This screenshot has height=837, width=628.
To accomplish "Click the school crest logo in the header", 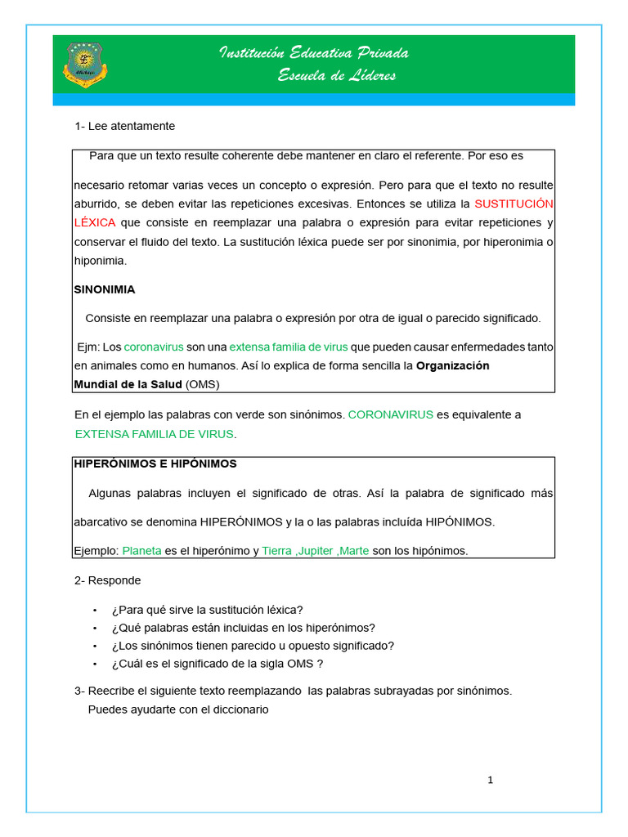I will tap(85, 65).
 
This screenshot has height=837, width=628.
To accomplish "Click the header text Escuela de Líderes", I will tap(337, 75).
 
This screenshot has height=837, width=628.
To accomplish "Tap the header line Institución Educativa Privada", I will tap(314, 53).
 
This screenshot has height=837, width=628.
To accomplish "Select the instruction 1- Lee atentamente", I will tap(124, 126).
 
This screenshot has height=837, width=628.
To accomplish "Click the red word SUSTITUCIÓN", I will tap(514, 203).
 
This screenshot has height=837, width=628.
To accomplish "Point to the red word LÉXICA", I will tap(95, 222).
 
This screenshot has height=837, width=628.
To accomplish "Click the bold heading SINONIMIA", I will tap(105, 289).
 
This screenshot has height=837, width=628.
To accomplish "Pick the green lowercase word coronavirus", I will tap(154, 347).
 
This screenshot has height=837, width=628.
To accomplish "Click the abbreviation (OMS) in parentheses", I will tap(203, 384).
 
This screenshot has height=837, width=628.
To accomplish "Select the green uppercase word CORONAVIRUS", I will tap(390, 414).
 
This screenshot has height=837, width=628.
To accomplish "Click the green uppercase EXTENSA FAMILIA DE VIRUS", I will tap(154, 434).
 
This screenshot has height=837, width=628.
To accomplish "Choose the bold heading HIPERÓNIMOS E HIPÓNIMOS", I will tap(155, 463).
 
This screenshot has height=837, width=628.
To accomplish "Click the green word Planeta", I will tap(141, 551).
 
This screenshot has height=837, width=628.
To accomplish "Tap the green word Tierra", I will tap(276, 551).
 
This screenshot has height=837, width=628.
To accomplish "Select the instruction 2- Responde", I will tap(107, 580).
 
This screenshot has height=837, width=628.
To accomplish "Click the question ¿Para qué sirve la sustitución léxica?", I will tap(207, 610).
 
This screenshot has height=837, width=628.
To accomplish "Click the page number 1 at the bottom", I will tap(490, 780).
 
